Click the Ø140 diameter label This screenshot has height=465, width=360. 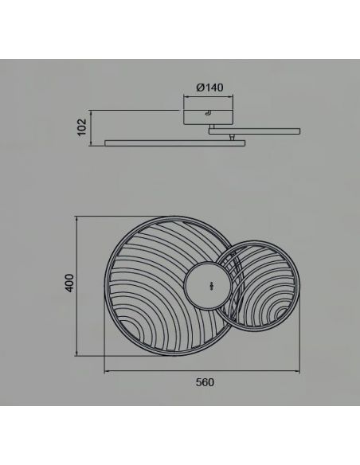[209, 88]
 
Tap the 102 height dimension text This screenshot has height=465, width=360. [82, 127]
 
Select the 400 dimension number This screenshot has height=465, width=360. [69, 283]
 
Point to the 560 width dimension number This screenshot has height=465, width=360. [205, 382]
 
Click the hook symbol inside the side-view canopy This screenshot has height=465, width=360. [209, 113]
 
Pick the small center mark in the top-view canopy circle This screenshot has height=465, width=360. [211, 285]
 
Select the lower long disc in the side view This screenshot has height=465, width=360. [175, 143]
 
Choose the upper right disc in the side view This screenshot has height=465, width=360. [255, 131]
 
